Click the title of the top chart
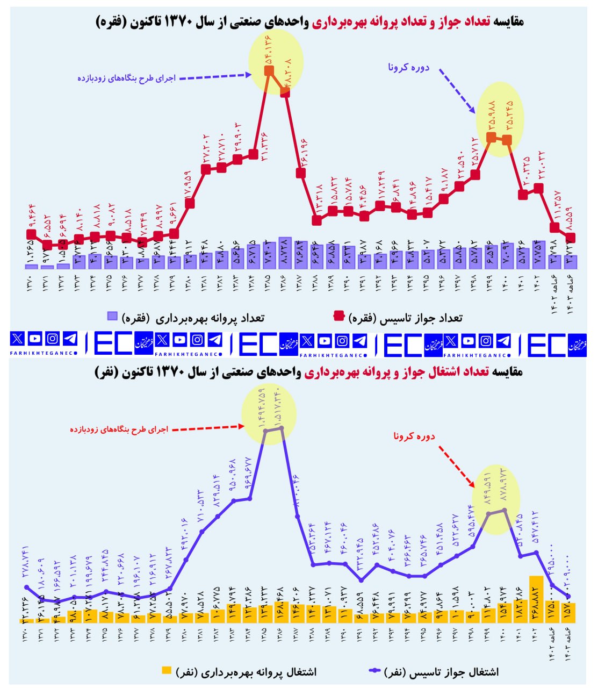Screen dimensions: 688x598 (309, 21)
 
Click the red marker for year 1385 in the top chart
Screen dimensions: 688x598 (269, 70)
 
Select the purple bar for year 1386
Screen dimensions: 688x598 (285, 253)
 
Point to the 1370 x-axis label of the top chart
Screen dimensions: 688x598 (32, 284)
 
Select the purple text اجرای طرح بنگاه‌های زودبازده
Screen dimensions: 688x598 (127, 78)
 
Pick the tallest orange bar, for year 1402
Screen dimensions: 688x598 (536, 599)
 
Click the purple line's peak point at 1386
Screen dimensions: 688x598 (282, 427)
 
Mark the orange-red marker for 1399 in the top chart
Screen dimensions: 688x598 (491, 137)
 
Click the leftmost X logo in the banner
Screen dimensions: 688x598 (18, 339)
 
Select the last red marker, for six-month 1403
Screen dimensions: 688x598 (571, 238)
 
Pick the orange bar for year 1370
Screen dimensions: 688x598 (27, 620)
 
